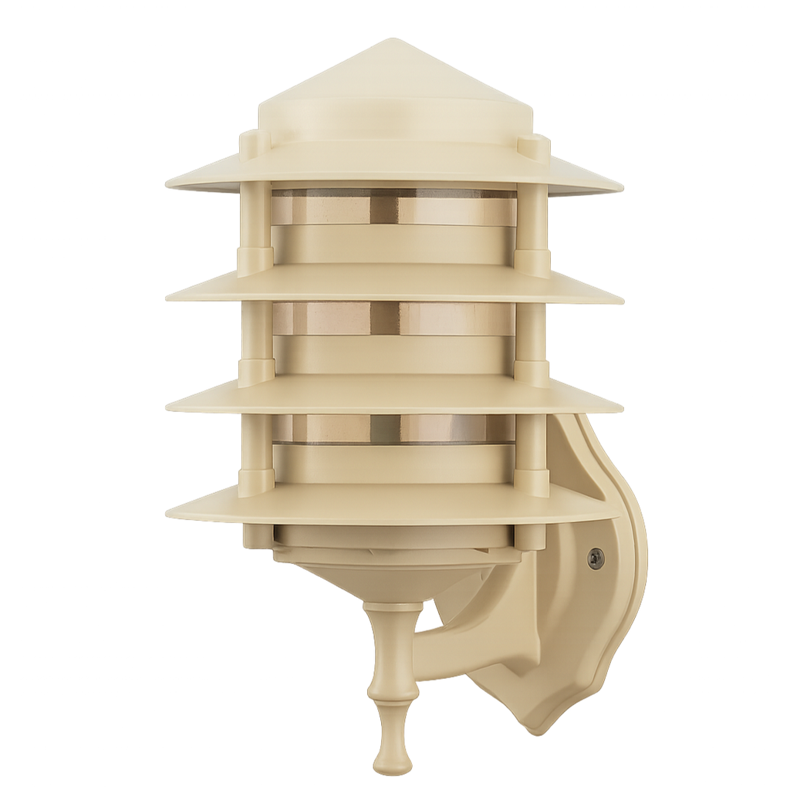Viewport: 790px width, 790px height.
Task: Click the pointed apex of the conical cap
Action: click(x=395, y=40)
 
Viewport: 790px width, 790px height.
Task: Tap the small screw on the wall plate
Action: click(x=595, y=559)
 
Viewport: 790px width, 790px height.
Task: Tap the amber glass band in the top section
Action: click(x=324, y=209)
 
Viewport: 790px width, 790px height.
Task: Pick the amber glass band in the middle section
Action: click(x=324, y=319)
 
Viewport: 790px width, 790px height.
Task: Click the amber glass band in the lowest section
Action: click(x=324, y=429)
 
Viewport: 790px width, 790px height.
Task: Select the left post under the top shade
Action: click(x=255, y=220)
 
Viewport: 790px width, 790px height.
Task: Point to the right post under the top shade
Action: click(x=532, y=220)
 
